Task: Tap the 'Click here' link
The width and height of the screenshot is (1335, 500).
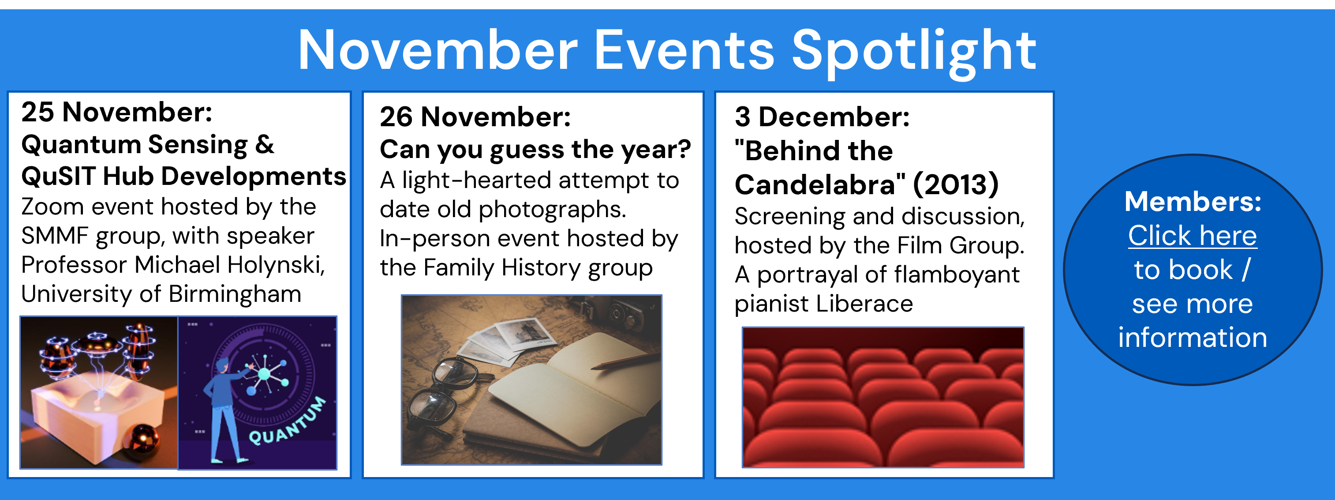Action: point(1193,236)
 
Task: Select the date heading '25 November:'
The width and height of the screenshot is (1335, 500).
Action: point(116,112)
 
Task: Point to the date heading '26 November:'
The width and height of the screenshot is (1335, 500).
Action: point(475,116)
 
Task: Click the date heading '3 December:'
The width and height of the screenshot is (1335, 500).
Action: point(822,116)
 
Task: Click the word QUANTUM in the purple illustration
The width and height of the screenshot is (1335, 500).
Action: point(288,421)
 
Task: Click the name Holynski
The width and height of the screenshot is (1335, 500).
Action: point(276,265)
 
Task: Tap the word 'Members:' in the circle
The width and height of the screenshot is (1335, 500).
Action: point(1193,201)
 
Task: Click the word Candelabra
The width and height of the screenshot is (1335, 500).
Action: point(820,184)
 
